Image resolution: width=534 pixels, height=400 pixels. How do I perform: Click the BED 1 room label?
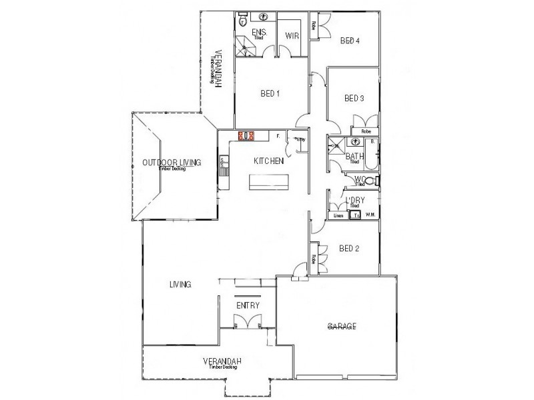269,94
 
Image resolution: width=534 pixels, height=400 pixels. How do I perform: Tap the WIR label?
291,36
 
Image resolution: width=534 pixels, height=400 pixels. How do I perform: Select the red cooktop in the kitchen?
246,136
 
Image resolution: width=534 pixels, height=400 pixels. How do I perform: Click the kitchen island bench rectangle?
270,182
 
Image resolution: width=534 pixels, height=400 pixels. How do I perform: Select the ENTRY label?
248,305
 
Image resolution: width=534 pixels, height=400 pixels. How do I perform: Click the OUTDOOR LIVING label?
171,163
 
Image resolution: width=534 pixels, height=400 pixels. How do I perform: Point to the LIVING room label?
180,285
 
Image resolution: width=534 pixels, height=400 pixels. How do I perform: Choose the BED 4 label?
350,41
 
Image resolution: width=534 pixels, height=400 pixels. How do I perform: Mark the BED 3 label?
354,99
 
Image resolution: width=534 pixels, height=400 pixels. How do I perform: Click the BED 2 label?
349,249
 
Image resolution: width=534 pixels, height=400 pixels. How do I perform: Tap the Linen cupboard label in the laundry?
338,215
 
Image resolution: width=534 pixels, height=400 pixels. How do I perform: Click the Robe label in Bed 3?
366,132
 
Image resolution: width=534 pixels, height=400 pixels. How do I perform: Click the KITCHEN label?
269,161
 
